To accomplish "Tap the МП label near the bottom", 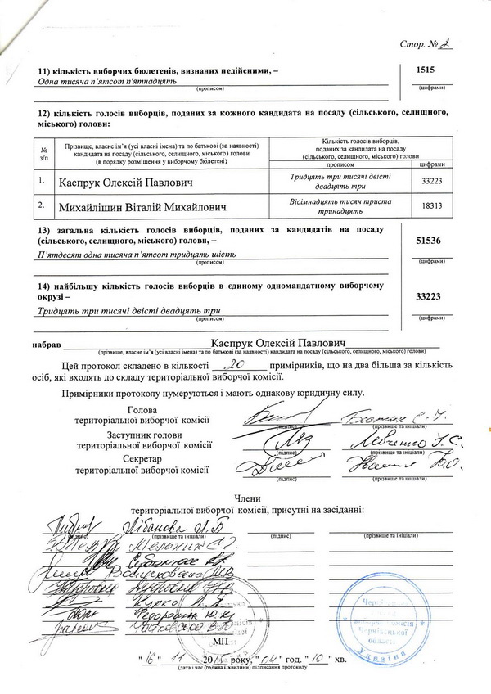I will (242, 644).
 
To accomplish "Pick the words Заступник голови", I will (142, 436).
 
